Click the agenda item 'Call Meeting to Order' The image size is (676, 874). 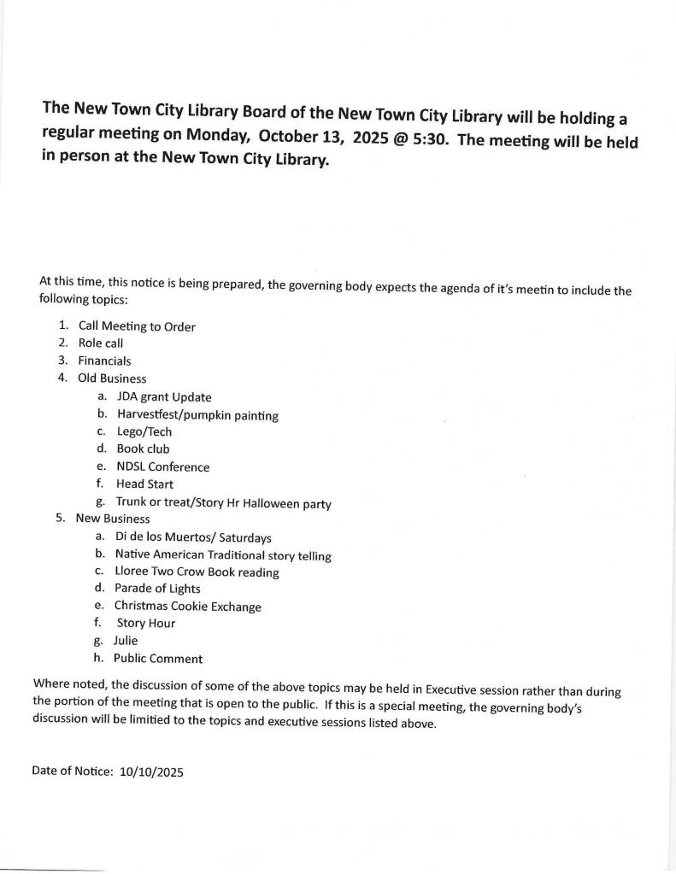137,326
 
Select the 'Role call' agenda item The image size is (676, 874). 101,343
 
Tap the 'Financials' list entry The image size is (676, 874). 104,361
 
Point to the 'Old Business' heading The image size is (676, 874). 112,378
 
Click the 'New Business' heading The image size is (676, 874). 113,519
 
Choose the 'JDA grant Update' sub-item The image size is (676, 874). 164,397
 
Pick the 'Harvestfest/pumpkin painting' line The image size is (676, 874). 197,415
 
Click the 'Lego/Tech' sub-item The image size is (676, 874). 144,432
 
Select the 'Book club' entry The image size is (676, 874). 144,449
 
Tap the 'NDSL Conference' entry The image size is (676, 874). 163,467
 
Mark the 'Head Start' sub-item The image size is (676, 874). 144,484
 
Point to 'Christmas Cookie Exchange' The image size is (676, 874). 188,607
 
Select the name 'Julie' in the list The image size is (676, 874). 126,641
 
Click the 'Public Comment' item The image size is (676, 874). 158,659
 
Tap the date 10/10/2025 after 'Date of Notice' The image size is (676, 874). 152,771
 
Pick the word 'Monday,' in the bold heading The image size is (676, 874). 218,136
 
